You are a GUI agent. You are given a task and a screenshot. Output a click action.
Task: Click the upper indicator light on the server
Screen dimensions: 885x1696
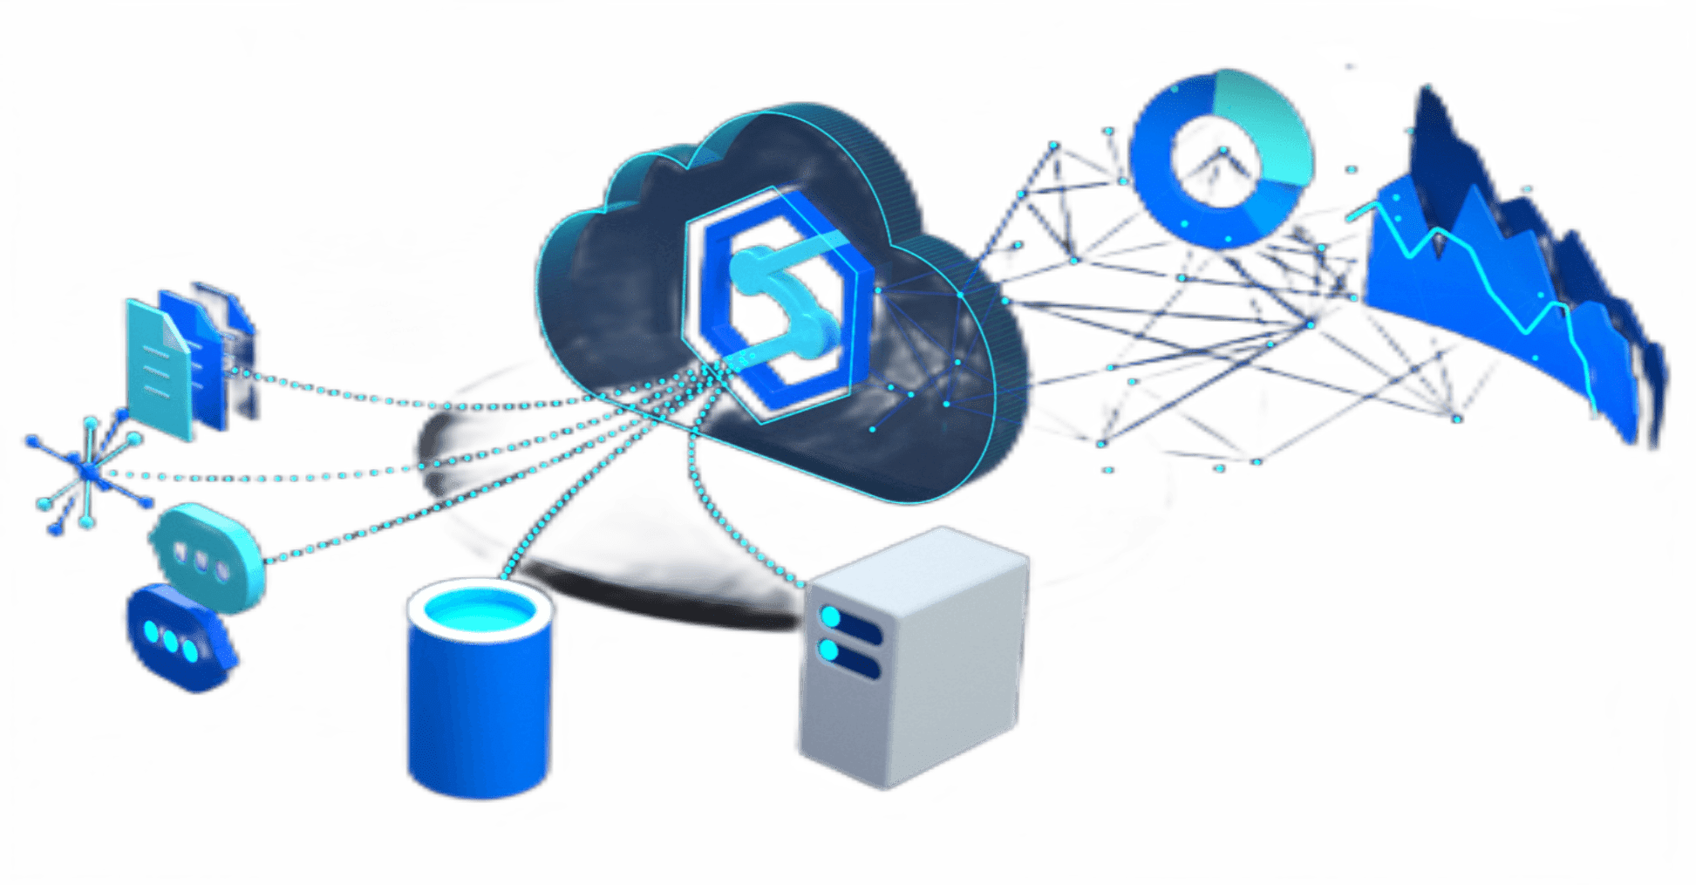tap(830, 617)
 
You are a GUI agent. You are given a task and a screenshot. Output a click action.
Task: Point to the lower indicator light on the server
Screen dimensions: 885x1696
tap(828, 650)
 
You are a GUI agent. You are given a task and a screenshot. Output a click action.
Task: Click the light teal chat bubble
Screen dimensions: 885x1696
tap(209, 554)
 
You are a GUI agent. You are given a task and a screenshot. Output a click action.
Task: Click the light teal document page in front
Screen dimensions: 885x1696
tap(157, 371)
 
